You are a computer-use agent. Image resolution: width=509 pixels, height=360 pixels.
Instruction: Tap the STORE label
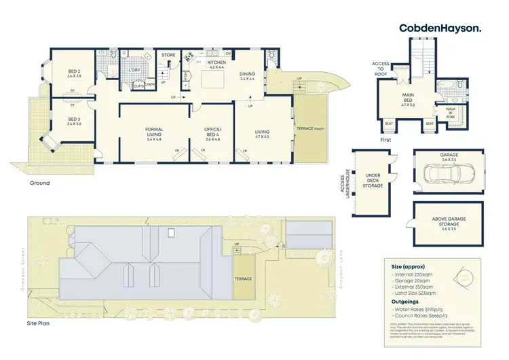168,56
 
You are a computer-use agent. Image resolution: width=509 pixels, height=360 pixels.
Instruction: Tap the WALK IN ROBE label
450,112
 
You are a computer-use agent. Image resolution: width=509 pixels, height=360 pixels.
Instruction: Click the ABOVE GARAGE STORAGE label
449,221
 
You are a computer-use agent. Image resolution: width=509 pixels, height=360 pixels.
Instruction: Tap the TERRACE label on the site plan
243,279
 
